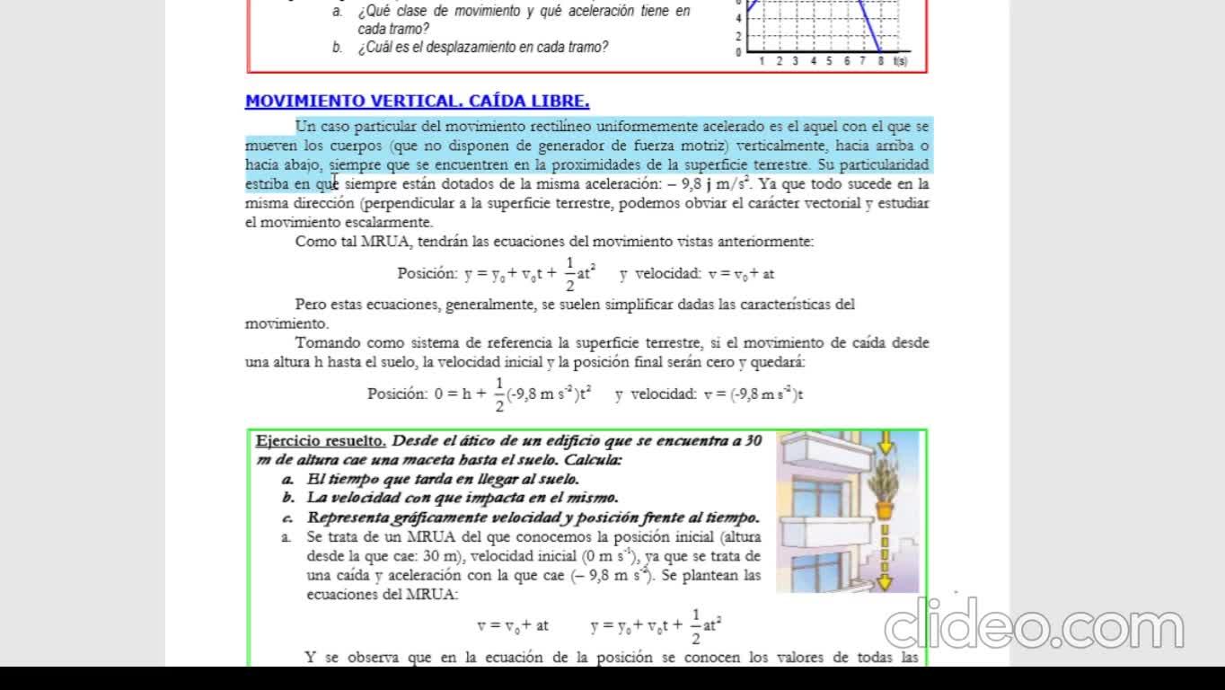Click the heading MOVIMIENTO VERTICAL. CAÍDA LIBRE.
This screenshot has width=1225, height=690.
coord(417,102)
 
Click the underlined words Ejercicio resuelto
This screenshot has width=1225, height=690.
coord(321,441)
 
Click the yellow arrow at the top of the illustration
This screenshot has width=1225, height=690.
coord(886,443)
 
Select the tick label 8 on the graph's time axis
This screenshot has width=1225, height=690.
coord(881,61)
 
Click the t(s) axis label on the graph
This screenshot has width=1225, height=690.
coord(900,61)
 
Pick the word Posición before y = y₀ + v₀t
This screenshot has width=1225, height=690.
coord(427,274)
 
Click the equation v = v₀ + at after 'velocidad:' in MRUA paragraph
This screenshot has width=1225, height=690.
coord(741,274)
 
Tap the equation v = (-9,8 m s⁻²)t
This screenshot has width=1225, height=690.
coord(753,394)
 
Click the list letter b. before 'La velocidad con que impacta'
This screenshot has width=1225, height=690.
coord(287,498)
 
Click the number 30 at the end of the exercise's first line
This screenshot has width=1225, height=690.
coord(754,441)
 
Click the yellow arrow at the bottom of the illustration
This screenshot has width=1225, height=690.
coord(885,581)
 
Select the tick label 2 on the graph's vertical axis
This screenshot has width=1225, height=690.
coord(738,37)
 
